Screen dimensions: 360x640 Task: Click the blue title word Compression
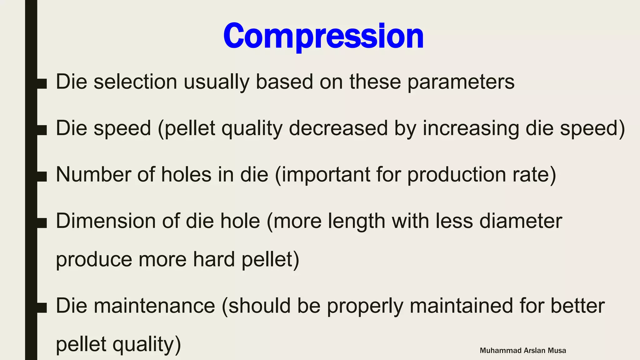[323, 36]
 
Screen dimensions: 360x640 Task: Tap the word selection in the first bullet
[135, 82]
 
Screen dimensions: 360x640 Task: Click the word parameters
[461, 82]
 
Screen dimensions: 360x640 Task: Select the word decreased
[338, 128]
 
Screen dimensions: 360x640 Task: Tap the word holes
[186, 174]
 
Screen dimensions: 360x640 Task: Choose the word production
[457, 174]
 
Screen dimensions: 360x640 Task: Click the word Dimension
[106, 221]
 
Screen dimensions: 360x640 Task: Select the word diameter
[521, 221]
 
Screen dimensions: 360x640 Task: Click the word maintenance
[154, 306]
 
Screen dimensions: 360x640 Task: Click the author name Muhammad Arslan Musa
[523, 351]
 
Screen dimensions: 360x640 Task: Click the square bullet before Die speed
[42, 130]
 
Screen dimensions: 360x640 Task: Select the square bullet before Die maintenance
[42, 307]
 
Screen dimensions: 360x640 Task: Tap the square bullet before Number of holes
[42, 176]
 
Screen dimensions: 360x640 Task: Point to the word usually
[216, 82]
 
